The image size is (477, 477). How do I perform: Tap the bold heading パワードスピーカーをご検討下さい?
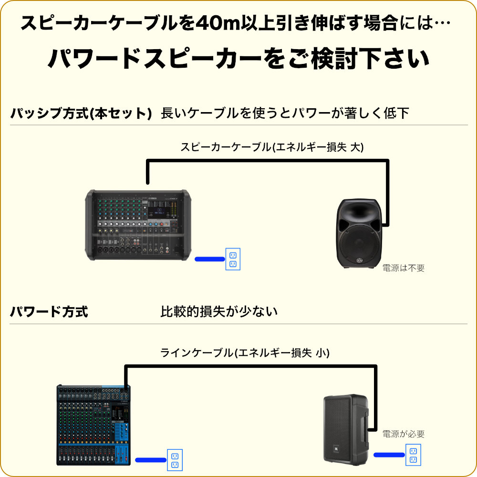238,59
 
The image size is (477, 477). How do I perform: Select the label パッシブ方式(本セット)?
81,114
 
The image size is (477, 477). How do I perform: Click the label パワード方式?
49,312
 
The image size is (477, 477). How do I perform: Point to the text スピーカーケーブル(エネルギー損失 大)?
272,147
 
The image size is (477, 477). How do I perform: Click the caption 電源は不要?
404,268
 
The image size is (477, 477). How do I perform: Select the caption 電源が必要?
404,434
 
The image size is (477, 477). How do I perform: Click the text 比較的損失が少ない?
219,312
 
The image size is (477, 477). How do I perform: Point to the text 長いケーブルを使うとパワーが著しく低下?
285,114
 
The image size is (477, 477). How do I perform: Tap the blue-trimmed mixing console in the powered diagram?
93,425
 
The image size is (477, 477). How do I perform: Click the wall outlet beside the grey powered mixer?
233,259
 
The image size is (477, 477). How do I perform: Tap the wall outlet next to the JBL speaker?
413,455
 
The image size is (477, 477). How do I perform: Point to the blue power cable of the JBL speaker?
389,455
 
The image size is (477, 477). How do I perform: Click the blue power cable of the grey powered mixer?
209,259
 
